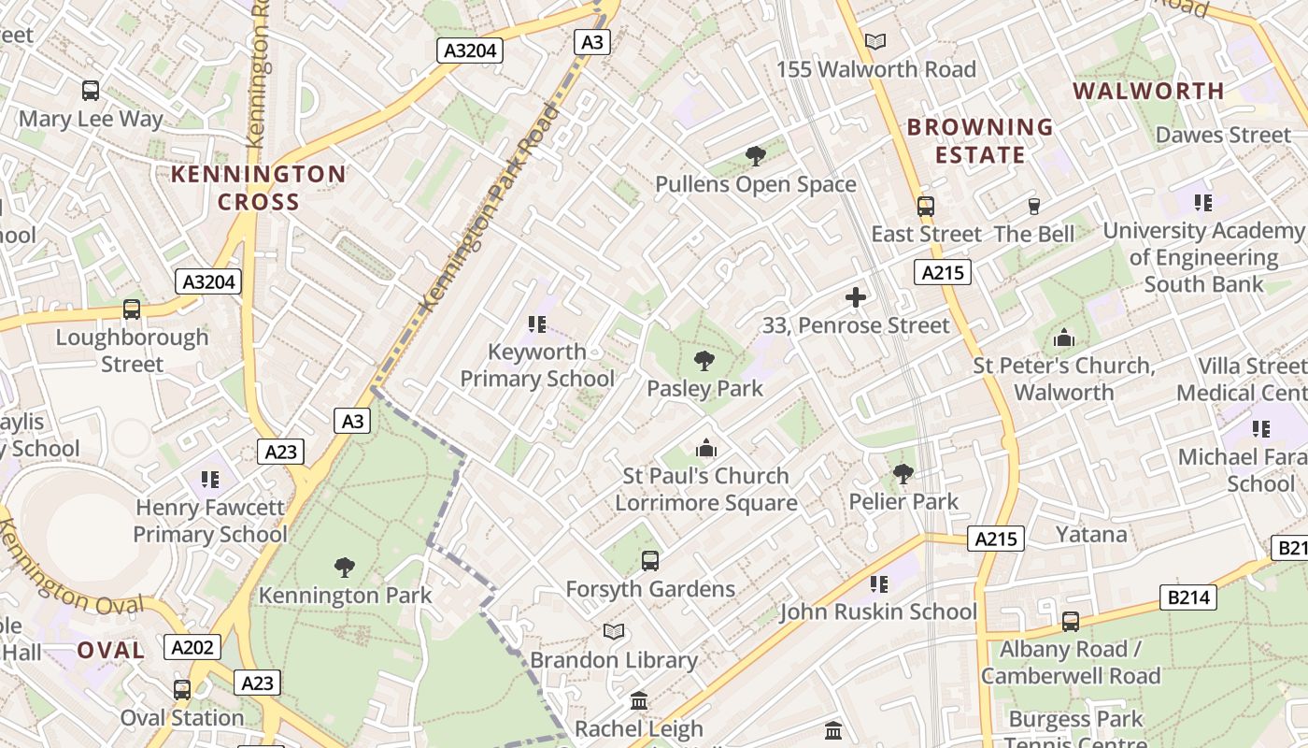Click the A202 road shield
coord(193,647)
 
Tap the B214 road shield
coord(1189,597)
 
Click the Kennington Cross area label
coord(258,188)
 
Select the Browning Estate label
coord(980,140)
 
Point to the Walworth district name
coord(1148,91)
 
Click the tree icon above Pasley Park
coord(704,361)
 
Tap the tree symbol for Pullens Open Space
coord(756,156)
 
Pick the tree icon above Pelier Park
coord(903,474)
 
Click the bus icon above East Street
coord(926,207)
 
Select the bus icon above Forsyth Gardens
coord(650,561)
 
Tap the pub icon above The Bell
coord(1034,206)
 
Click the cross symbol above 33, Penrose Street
coord(855,298)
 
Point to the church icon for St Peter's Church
coord(1063,338)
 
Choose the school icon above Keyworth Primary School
coord(536,324)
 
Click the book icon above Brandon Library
coord(614,632)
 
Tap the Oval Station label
coord(182,718)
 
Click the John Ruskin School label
coord(878,611)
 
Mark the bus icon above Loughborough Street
coord(132,309)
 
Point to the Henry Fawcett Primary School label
coord(210,521)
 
